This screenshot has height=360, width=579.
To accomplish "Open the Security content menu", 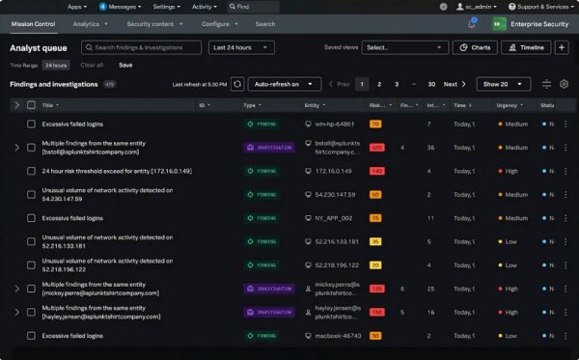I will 153,23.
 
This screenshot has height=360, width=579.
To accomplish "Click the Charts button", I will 474,46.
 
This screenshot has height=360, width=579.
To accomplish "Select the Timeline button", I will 526,46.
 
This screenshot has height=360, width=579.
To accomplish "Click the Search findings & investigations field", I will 141,46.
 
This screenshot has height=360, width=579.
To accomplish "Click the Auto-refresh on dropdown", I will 285,84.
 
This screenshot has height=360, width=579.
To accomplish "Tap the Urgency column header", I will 509,104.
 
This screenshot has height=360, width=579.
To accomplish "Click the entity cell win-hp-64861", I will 329,124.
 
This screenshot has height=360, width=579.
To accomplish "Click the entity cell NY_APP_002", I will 326,218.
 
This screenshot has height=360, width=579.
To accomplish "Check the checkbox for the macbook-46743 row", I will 31,335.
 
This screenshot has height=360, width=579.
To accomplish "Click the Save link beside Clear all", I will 125,65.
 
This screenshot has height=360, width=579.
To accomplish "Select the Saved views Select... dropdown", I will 404,46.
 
